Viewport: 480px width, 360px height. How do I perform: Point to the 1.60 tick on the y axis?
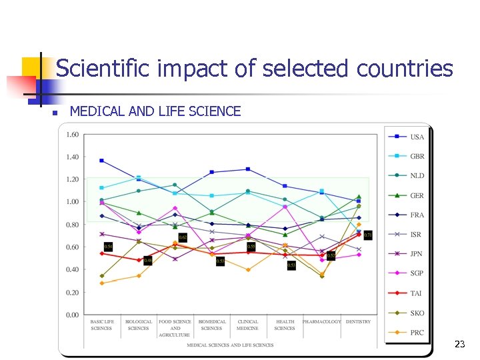71,135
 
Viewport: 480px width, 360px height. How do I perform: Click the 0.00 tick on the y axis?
71,315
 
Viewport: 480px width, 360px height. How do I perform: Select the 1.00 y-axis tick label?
71,202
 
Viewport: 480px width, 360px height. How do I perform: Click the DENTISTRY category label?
358,322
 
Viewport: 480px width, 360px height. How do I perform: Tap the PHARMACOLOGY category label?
321,322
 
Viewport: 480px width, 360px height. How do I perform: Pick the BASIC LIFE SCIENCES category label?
101,325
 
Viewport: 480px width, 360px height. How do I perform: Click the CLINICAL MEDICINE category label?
248,325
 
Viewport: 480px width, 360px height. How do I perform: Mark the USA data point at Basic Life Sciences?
101,161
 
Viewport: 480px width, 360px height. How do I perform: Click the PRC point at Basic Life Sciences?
101,283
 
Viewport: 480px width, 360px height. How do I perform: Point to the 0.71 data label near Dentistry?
368,235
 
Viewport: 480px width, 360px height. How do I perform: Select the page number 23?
459,345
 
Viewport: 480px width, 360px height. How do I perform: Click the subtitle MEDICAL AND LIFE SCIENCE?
155,111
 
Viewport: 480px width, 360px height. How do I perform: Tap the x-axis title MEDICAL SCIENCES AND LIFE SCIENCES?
230,345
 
